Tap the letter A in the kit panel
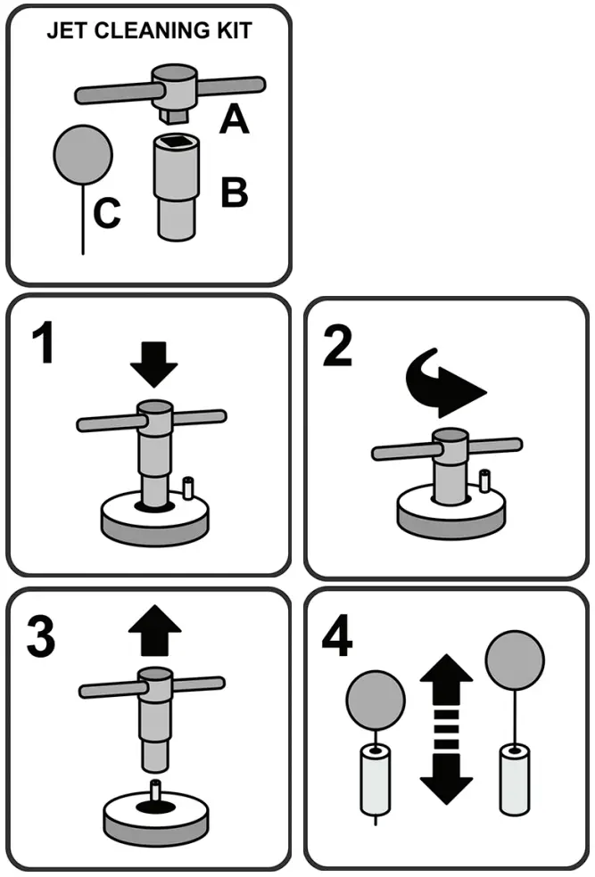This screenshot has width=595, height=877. point(234,118)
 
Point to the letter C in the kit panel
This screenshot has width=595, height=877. point(107,214)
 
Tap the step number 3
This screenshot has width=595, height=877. point(41,636)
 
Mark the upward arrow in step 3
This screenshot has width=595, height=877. point(154,635)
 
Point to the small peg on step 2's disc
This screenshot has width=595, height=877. point(484,480)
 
